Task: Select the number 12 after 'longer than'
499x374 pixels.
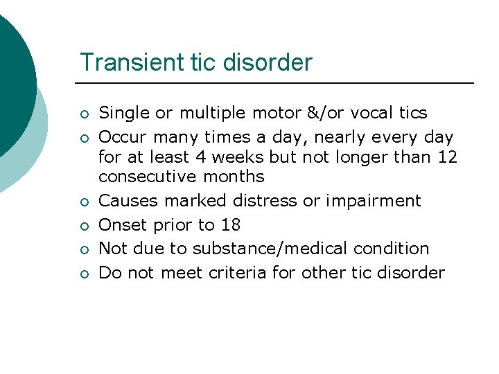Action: (x=448, y=157)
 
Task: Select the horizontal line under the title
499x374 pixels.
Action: (x=277, y=83)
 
